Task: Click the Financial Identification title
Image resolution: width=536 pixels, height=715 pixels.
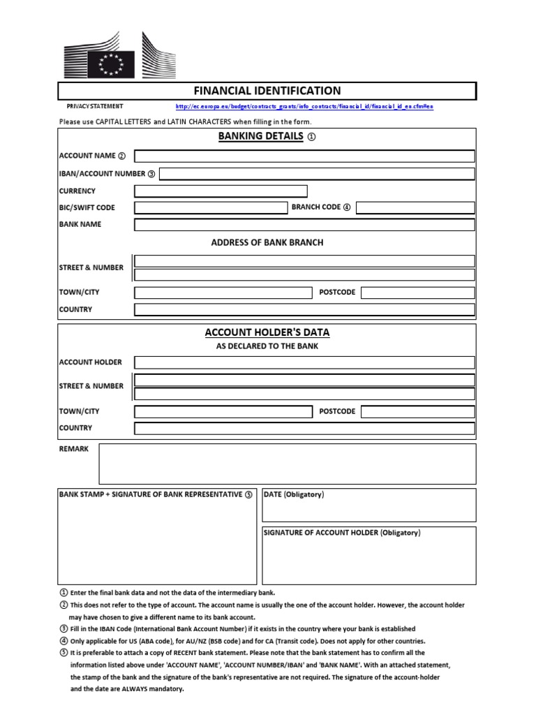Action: coord(267,91)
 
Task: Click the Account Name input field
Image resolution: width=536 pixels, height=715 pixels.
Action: coord(304,156)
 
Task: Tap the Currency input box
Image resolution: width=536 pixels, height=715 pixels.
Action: coord(221,191)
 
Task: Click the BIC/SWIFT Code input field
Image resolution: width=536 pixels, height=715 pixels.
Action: coord(211,207)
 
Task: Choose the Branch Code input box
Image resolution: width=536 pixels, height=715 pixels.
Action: coord(416,207)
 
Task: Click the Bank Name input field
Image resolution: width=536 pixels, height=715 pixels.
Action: coord(304,224)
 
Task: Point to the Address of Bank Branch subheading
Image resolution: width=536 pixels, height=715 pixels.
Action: coord(267,243)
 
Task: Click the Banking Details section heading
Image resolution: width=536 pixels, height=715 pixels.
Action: coord(261,137)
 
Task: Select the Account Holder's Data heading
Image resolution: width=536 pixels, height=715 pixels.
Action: coord(267,332)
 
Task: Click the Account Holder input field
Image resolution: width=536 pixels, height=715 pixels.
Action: coord(304,362)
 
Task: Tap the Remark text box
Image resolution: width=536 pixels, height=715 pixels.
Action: coord(287,464)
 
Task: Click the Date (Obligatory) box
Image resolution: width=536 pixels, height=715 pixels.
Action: coord(369,506)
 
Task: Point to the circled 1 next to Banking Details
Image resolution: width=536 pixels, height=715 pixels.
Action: coord(311,138)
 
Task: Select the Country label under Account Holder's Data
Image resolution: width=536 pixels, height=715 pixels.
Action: coord(75,428)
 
